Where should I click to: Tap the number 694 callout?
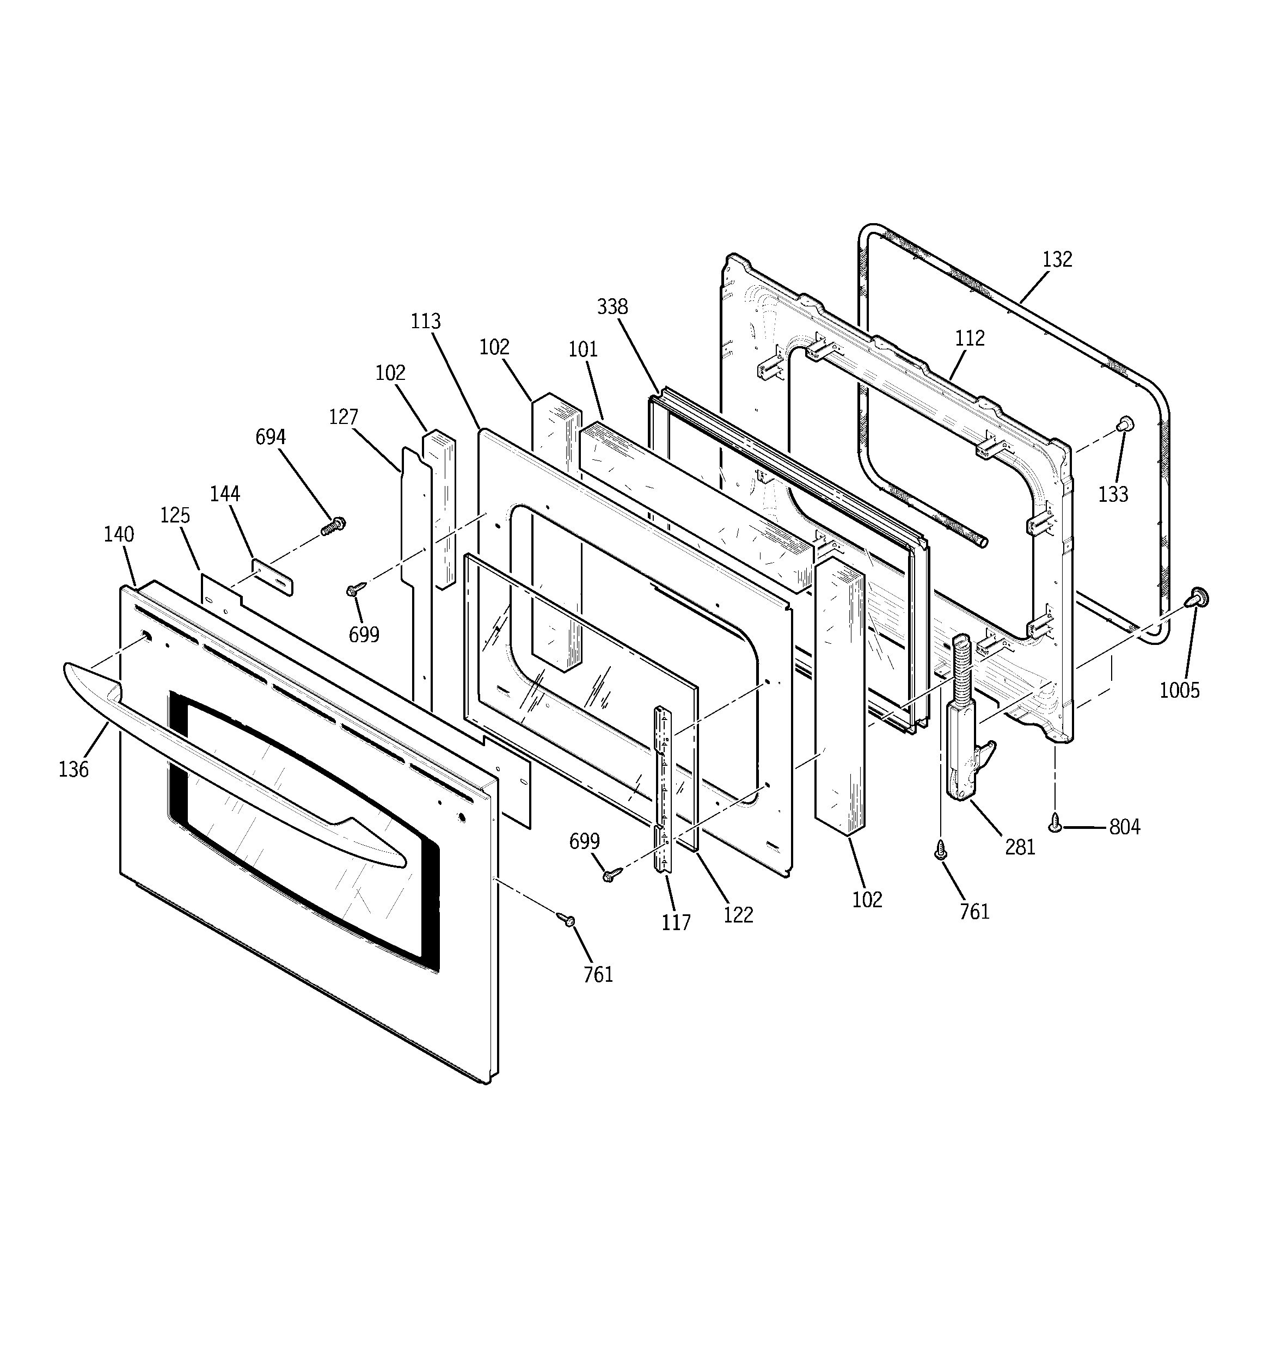pyautogui.click(x=271, y=437)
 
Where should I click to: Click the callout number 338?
pyautogui.click(x=612, y=307)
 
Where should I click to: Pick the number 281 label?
pyautogui.click(x=1020, y=846)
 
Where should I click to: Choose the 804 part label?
pyautogui.click(x=1125, y=827)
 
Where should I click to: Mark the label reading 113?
pyautogui.click(x=426, y=321)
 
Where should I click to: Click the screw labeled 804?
pyautogui.click(x=1055, y=822)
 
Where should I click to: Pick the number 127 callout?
pyautogui.click(x=343, y=417)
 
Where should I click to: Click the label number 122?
pyautogui.click(x=738, y=915)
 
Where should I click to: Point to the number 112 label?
pyautogui.click(x=970, y=338)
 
